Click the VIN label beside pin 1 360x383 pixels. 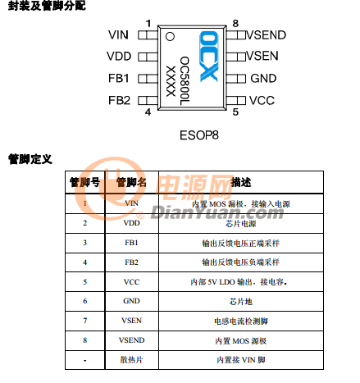[x=118, y=35]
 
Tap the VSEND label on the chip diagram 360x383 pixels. [x=267, y=35]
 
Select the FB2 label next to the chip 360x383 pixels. [x=119, y=100]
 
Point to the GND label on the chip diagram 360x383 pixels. [x=263, y=79]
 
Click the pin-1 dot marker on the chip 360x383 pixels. [x=170, y=36]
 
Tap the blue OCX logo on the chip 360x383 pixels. [x=208, y=57]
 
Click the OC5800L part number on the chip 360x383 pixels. [x=185, y=81]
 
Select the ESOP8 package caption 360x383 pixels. [x=199, y=135]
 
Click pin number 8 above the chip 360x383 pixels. [x=235, y=24]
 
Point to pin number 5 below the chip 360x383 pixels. [x=235, y=112]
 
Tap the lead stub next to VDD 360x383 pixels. [x=148, y=57]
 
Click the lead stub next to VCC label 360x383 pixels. [x=236, y=100]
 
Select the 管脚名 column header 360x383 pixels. [x=131, y=182]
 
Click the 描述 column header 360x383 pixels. [x=241, y=182]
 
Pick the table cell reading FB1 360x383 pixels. [x=131, y=243]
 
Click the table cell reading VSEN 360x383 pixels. [x=131, y=321]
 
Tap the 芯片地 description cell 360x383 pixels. [x=241, y=301]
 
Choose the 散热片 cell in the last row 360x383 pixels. [x=131, y=360]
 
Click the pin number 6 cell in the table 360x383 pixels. [x=85, y=301]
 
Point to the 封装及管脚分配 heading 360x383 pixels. [x=47, y=6]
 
